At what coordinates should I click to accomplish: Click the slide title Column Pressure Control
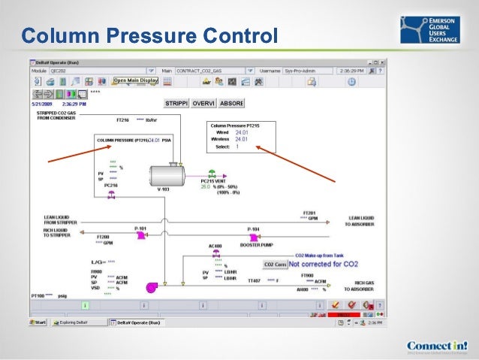[149, 35]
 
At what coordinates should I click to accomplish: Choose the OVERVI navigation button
[203, 102]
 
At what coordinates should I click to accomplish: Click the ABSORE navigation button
[230, 102]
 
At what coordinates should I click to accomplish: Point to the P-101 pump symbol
[140, 236]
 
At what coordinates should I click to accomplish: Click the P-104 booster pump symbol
[255, 236]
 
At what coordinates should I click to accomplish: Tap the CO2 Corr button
[275, 265]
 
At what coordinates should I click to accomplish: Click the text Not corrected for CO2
[324, 265]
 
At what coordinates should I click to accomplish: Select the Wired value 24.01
[241, 132]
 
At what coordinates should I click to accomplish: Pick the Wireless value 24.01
[241, 139]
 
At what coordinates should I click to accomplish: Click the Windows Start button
[38, 322]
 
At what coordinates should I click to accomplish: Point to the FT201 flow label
[309, 213]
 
